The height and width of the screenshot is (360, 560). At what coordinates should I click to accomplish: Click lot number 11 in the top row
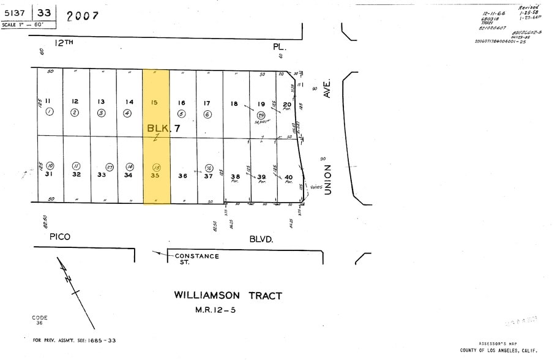tap(47, 102)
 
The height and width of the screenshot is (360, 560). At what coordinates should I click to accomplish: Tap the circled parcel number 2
tap(75, 113)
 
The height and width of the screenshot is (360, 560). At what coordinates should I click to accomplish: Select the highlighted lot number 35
tap(155, 175)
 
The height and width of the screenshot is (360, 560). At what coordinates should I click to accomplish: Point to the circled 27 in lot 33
tap(110, 167)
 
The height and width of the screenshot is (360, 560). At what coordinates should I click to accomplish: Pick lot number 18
tap(234, 104)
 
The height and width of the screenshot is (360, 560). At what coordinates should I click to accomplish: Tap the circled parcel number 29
tap(261, 115)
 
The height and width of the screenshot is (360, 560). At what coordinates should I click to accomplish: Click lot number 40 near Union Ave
tap(288, 178)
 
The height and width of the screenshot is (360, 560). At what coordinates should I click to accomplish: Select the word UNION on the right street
tap(327, 179)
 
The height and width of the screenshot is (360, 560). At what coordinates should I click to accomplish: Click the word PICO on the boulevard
tap(60, 236)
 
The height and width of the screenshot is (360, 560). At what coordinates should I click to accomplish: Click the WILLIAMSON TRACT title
tap(228, 296)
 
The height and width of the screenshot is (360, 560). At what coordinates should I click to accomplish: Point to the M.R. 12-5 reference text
tap(215, 310)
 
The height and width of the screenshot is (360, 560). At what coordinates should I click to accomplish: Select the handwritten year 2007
tap(83, 15)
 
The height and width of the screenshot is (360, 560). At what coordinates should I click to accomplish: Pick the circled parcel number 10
tap(50, 166)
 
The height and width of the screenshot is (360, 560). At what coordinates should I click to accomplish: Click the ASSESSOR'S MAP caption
tap(499, 343)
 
